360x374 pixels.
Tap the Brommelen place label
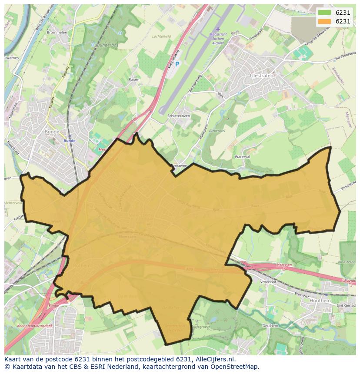point(57,33)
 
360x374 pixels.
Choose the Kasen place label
point(134,79)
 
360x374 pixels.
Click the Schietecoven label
point(179,116)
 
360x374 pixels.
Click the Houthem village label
point(320,300)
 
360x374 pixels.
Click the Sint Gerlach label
point(346,306)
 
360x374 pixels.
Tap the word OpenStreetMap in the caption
point(236,367)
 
